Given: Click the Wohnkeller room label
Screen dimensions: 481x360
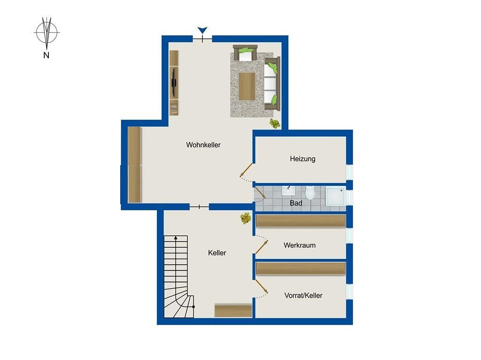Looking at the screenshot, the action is [203, 145].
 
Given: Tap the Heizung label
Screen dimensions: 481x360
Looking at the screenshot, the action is [303, 159].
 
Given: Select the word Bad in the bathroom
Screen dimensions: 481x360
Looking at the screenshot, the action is [296, 203].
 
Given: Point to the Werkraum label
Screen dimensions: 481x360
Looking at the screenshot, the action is [299, 245].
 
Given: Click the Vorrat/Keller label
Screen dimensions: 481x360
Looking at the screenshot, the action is [303, 296].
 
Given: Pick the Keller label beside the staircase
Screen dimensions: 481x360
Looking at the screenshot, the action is [217, 253].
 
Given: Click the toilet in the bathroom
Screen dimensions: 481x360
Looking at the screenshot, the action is [310, 192].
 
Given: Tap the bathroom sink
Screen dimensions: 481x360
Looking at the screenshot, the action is [288, 191].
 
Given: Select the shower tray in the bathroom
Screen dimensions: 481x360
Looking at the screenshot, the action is [335, 197].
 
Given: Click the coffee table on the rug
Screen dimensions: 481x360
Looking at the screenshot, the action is [247, 86].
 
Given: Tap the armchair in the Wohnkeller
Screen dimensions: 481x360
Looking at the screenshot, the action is [245, 53].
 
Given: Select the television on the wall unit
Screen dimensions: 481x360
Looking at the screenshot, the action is [174, 82].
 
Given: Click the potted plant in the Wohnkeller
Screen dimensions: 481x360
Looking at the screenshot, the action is [274, 123].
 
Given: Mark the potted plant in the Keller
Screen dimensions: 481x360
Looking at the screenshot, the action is [245, 218].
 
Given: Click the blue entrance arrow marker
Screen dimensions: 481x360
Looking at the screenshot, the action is [202, 30].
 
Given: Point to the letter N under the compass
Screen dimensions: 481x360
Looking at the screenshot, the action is [47, 55].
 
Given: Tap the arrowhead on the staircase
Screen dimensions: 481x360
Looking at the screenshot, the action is [176, 237].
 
